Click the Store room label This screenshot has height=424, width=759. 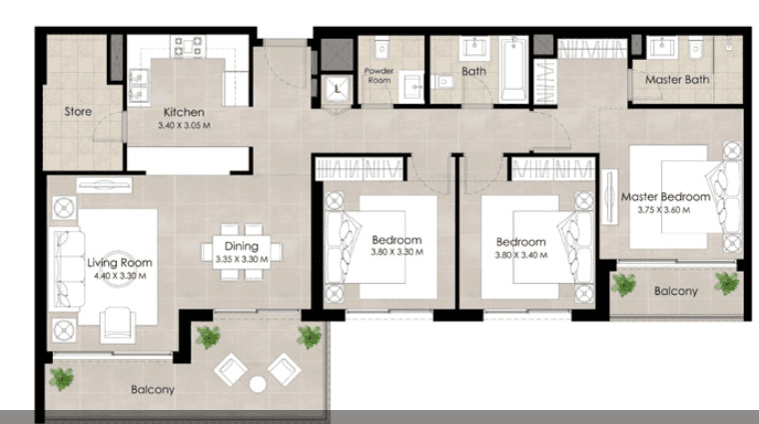click(x=80, y=111)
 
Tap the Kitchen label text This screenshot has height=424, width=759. click(x=185, y=112)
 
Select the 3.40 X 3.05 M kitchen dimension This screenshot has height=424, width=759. click(x=185, y=126)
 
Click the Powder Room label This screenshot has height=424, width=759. click(x=380, y=76)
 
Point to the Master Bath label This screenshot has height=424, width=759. click(x=676, y=79)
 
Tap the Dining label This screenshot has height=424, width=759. click(x=242, y=246)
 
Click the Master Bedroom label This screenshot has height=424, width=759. click(x=665, y=197)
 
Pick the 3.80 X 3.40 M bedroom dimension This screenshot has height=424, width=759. click(x=521, y=255)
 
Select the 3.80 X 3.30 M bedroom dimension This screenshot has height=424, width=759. click(x=396, y=253)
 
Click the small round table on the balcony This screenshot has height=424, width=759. click(x=258, y=383)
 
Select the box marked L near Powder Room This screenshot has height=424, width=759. click(x=339, y=89)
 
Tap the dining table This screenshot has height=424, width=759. click(x=242, y=253)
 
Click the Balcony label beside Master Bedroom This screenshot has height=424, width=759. click(x=675, y=291)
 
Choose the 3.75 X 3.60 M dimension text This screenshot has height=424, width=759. click(x=665, y=210)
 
